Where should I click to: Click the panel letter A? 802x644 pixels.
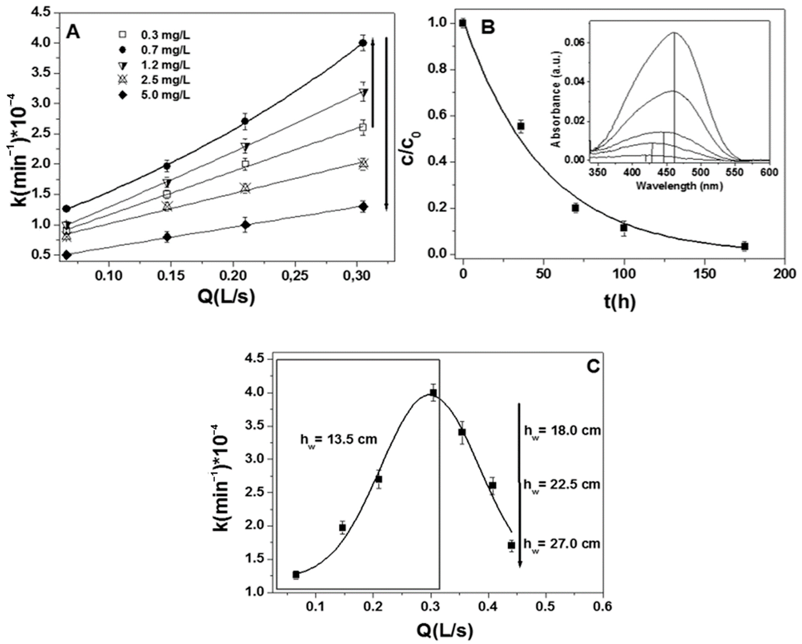(73, 33)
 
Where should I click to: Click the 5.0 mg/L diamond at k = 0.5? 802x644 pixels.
(67, 255)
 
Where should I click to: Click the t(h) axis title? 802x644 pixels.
(619, 302)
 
